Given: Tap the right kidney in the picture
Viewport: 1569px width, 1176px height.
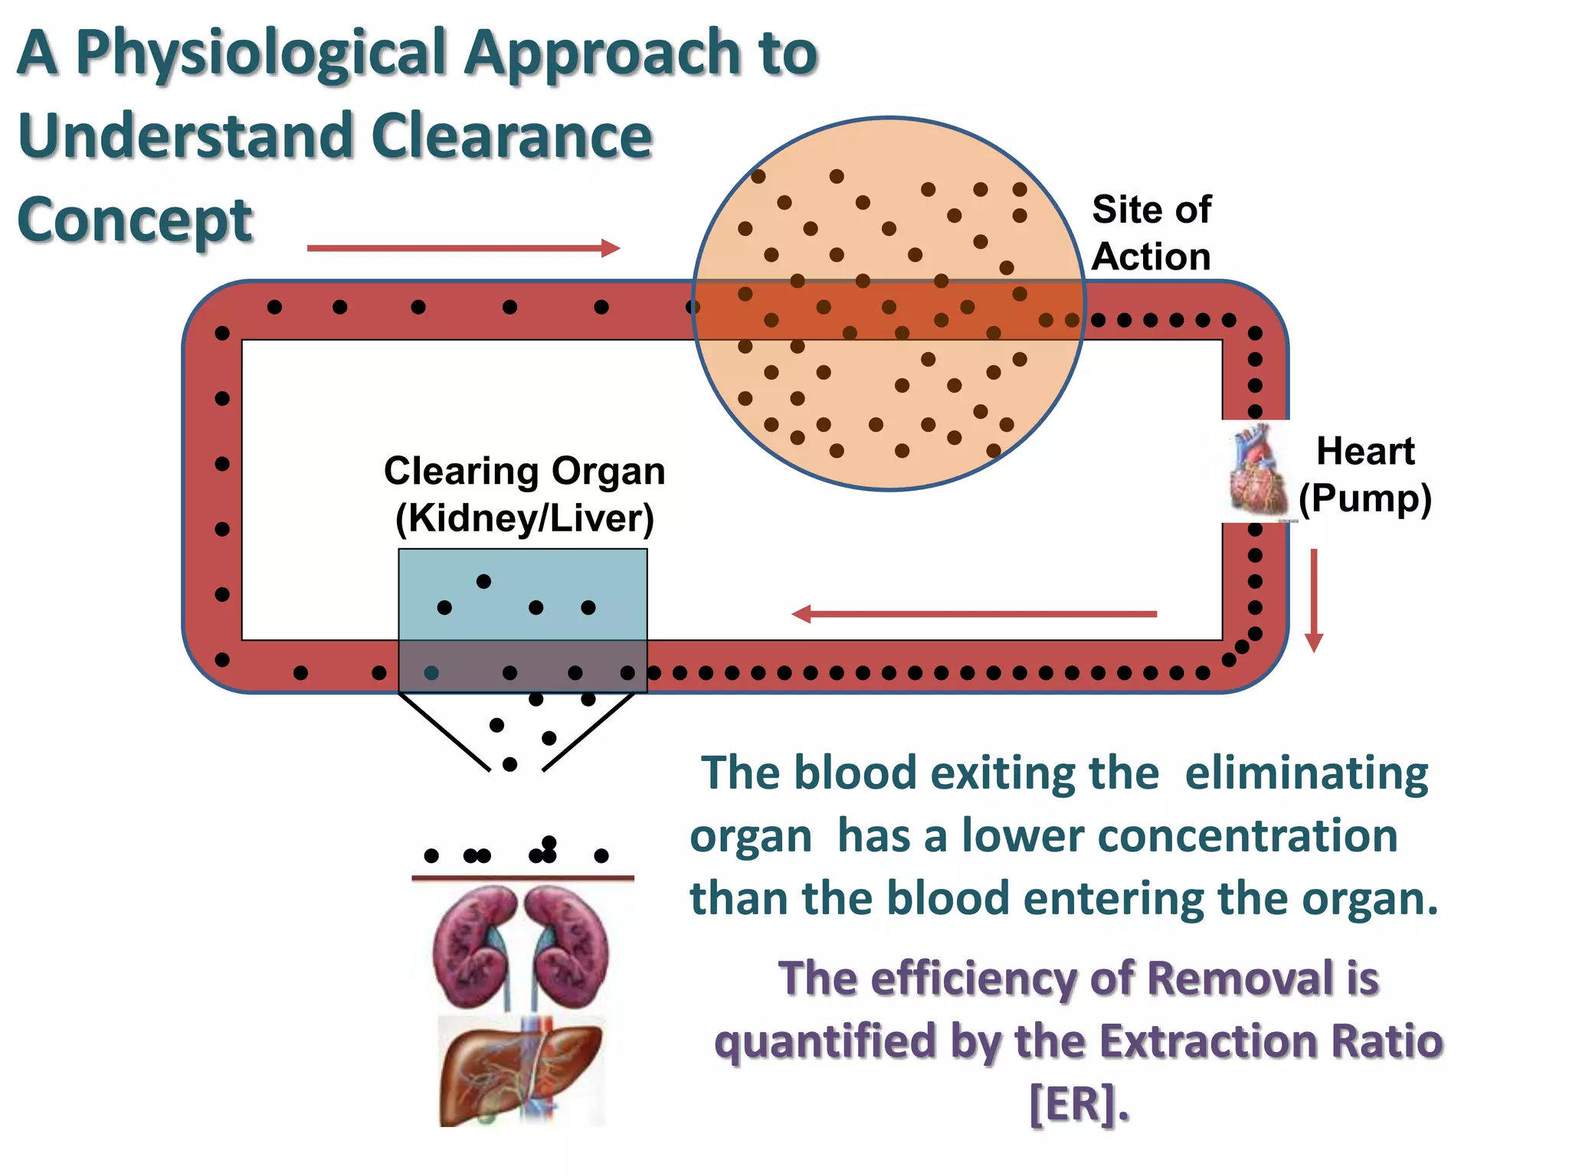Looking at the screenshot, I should click(571, 946).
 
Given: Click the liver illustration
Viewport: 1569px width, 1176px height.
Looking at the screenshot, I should click(521, 1072).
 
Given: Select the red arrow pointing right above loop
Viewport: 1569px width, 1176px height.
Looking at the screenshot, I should click(463, 248).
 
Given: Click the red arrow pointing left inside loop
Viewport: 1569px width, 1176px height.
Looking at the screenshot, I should click(973, 614).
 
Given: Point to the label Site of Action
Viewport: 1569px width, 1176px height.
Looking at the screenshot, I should click(1151, 233).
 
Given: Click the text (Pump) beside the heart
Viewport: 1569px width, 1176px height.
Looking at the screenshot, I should click(1364, 498).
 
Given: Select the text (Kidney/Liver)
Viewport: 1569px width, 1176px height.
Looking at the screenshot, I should click(525, 518).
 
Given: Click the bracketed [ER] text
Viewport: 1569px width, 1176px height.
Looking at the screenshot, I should click(1078, 1105).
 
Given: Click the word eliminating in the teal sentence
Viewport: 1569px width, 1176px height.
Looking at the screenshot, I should click(1306, 773).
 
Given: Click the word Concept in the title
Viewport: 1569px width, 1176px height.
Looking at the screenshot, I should click(135, 220).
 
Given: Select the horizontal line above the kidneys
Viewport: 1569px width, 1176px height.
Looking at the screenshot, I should click(522, 878).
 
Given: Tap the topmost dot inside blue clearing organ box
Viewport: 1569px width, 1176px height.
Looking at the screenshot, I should click(483, 581).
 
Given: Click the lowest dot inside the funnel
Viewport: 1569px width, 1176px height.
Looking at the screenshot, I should click(509, 764).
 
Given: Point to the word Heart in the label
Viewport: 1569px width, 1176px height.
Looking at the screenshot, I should click(1364, 451).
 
